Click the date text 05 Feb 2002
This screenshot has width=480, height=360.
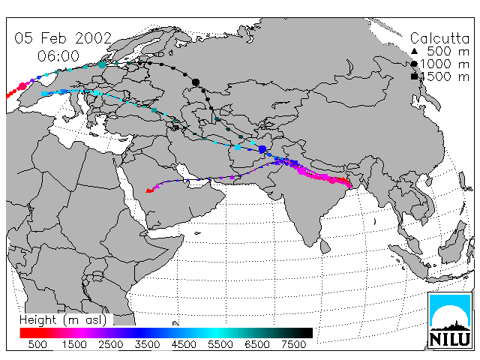(x=63, y=38)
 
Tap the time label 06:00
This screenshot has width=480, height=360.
(x=58, y=56)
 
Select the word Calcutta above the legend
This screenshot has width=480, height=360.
(x=439, y=38)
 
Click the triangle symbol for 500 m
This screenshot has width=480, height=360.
(x=414, y=51)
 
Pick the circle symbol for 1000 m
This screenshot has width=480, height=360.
(x=414, y=64)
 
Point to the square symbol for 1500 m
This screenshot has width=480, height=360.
(x=414, y=76)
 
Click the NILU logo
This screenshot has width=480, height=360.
(x=450, y=320)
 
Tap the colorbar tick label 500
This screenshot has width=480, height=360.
(x=37, y=344)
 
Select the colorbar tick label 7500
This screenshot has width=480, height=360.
(x=293, y=344)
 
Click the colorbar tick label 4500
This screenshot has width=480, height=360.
(x=184, y=344)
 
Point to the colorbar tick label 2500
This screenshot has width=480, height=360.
(x=110, y=344)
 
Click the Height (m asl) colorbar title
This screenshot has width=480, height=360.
(x=63, y=320)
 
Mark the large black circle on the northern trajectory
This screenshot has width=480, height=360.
(x=196, y=82)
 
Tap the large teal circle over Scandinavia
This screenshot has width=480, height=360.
(x=102, y=64)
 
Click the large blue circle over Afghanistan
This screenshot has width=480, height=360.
(x=262, y=149)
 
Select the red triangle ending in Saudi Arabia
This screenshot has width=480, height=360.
(x=149, y=190)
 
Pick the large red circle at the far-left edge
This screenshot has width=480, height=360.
(x=22, y=87)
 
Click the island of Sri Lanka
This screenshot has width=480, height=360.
(x=325, y=246)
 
